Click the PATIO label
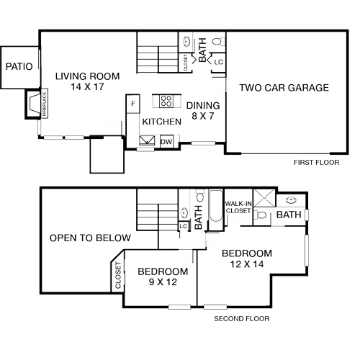coord(19,66)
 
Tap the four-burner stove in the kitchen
coord(166,101)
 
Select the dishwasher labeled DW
coord(166,142)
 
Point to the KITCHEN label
coord(160,122)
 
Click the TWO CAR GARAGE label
coord(284,88)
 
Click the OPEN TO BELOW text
coord(89,238)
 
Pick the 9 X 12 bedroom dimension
coord(163,283)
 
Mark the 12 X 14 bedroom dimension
coord(246,265)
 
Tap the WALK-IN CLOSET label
coord(238,207)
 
